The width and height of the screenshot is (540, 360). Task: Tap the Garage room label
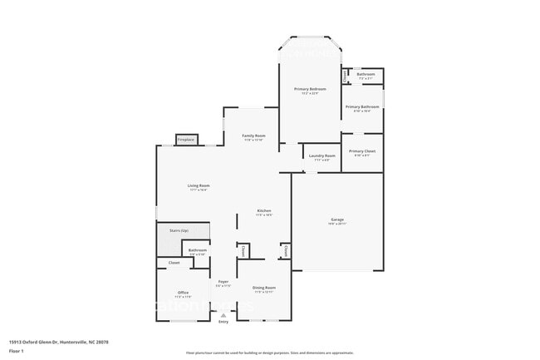[336, 219]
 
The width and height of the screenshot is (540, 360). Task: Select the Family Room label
[253, 136]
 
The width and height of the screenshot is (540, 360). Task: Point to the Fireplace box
[186, 140]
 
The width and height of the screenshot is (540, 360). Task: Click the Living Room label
[198, 185]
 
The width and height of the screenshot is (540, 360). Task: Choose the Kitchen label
[264, 210]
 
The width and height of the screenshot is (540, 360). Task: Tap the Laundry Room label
[322, 155]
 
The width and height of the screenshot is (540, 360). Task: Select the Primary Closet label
[362, 150]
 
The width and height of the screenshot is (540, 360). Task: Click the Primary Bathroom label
[362, 106]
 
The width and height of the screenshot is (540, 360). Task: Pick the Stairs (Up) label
[179, 229]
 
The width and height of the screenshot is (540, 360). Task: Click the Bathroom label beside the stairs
[197, 249]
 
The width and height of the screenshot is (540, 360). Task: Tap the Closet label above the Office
[174, 263]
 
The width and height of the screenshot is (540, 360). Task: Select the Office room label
[183, 293]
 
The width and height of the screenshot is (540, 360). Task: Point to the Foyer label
[223, 282]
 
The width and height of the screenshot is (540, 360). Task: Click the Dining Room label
[264, 288]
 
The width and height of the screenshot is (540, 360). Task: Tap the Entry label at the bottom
[223, 322]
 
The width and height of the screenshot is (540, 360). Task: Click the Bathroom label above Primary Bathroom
[366, 74]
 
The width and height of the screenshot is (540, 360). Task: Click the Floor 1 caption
[17, 352]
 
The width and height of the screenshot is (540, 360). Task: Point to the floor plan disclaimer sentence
[269, 352]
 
